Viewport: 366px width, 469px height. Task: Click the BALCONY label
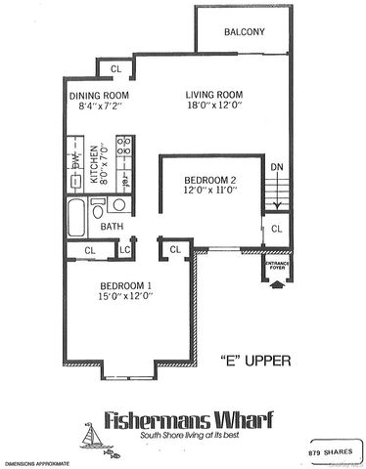pyautogui.click(x=245, y=32)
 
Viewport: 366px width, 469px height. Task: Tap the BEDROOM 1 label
pyautogui.click(x=126, y=285)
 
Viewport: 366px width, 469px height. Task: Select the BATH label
pyautogui.click(x=114, y=227)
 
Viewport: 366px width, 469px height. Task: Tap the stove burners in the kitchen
pyautogui.click(x=125, y=150)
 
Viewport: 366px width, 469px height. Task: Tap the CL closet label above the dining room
pyautogui.click(x=114, y=68)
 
